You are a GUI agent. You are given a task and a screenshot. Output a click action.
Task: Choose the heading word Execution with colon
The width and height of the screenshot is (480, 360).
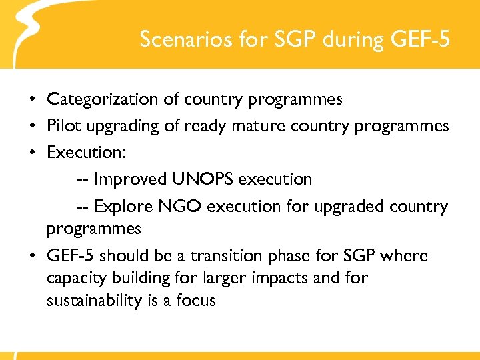(x=87, y=152)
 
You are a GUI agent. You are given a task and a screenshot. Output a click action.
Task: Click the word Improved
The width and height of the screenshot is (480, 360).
(x=131, y=179)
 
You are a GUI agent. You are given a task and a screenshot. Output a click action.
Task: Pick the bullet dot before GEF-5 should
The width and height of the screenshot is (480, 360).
(x=33, y=257)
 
